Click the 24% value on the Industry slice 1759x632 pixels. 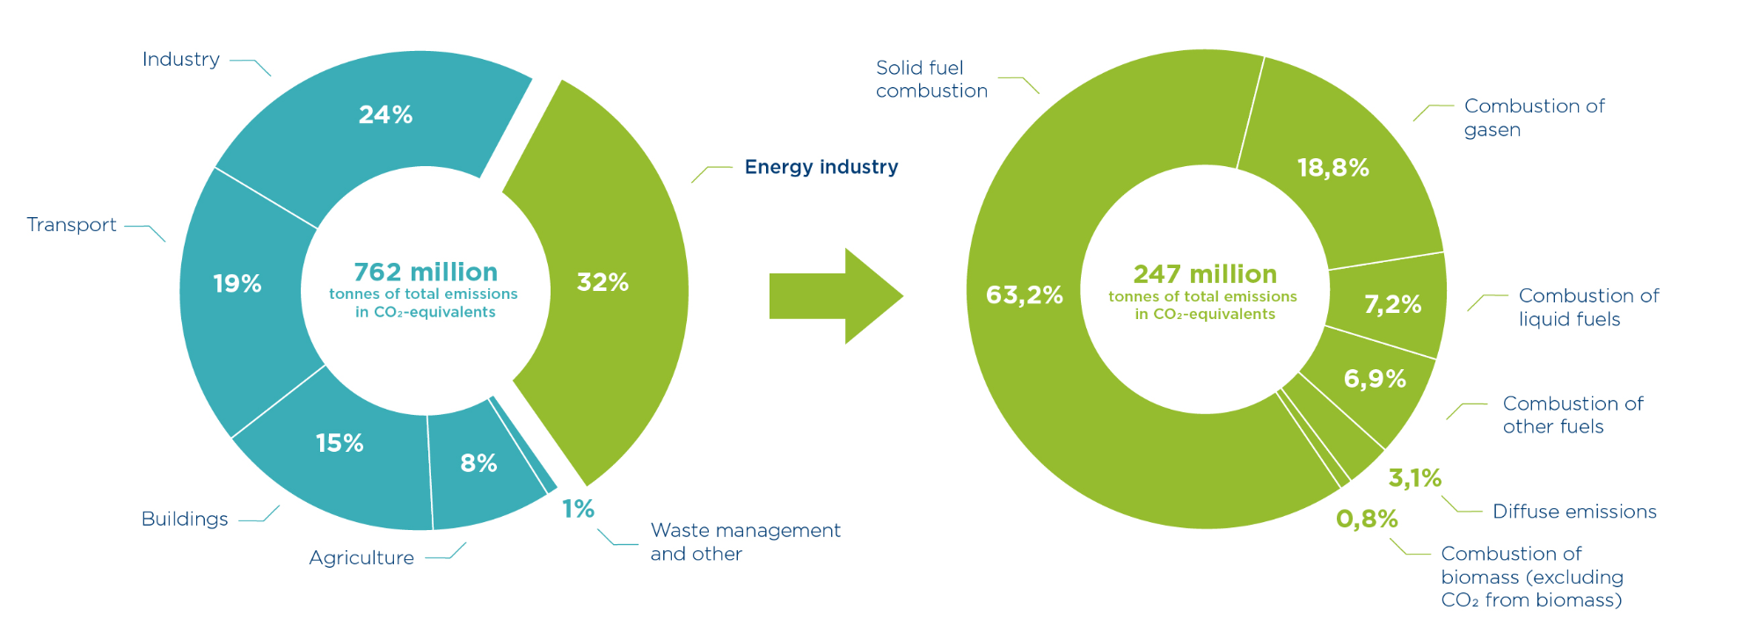tap(385, 115)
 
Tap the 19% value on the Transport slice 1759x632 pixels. tap(237, 284)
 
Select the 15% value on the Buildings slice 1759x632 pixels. tap(339, 443)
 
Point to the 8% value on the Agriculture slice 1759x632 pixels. tap(478, 463)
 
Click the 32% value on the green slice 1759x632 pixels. tap(602, 283)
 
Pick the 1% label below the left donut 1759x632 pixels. tap(578, 509)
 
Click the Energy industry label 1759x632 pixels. tap(821, 167)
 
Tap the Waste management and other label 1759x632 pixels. tap(745, 541)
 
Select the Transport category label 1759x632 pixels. tap(71, 225)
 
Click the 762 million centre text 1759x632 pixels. tap(426, 272)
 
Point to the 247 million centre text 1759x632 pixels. tap(1204, 274)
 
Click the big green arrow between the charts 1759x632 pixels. tap(836, 296)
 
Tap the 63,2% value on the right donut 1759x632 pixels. tap(1024, 295)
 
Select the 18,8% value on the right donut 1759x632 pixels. tap(1332, 168)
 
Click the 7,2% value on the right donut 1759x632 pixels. tap(1392, 305)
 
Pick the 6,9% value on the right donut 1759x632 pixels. tap(1375, 379)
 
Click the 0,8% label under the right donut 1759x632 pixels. tap(1367, 519)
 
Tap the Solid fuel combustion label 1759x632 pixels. tap(931, 79)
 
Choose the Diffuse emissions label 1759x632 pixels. tap(1574, 512)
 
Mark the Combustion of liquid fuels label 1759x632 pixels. tap(1588, 307)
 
